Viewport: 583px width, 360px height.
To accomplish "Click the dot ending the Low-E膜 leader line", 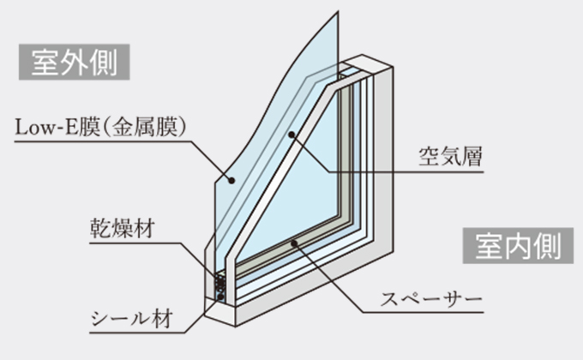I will pos(231,180).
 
